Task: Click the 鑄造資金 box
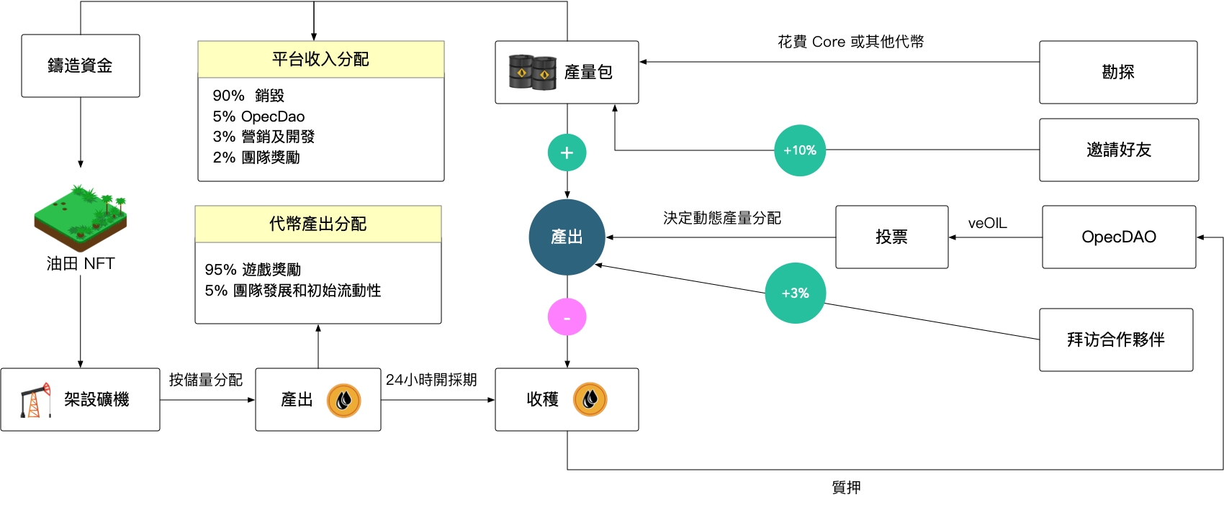click(x=80, y=65)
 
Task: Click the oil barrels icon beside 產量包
click(x=532, y=72)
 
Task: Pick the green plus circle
click(x=567, y=152)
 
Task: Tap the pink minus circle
click(x=567, y=317)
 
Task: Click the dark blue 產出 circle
click(x=567, y=237)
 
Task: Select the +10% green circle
click(x=799, y=150)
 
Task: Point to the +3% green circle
click(x=795, y=293)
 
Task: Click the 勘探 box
click(x=1117, y=72)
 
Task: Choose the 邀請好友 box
click(x=1118, y=150)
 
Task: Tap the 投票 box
click(x=891, y=237)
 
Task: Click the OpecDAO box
click(x=1118, y=237)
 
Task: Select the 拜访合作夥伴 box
click(x=1115, y=340)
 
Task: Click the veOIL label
click(x=987, y=224)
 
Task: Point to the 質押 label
click(x=846, y=488)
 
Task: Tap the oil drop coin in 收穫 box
click(x=590, y=399)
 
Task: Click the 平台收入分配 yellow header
click(x=320, y=59)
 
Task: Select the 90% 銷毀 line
click(x=248, y=96)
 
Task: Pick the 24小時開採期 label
click(x=431, y=380)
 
